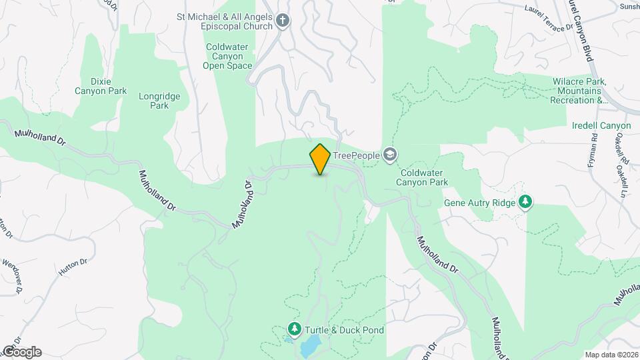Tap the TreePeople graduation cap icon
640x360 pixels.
390,155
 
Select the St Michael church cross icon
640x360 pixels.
283,21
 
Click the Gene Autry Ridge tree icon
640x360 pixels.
526,202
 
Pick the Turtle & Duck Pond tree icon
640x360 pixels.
295,329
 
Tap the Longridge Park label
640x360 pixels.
159,101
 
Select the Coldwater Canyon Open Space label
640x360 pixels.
229,56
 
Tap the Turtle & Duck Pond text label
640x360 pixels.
345,330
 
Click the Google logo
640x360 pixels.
21,352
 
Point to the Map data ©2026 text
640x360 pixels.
611,355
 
